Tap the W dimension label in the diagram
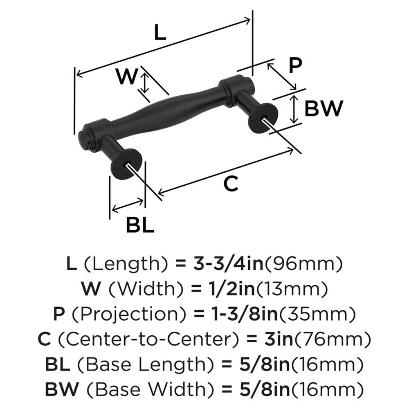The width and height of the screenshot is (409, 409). pyautogui.click(x=126, y=76)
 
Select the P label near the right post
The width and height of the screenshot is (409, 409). pyautogui.click(x=294, y=65)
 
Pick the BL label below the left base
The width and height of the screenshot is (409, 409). pyautogui.click(x=139, y=225)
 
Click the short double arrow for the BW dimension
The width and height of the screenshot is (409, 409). pyautogui.click(x=293, y=109)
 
